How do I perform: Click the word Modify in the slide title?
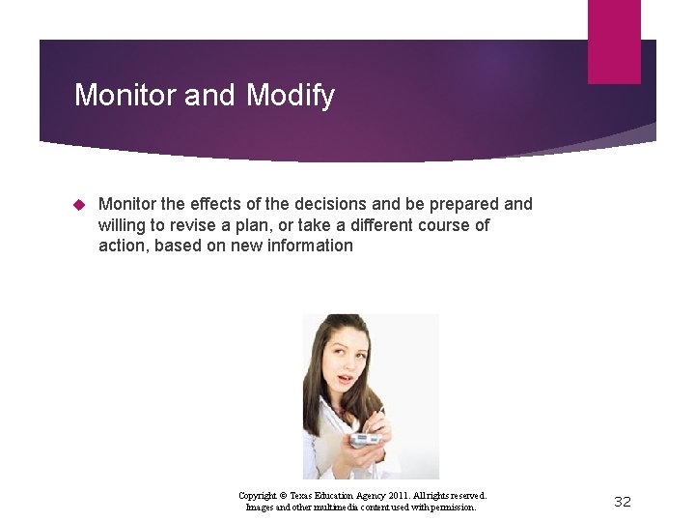(x=291, y=95)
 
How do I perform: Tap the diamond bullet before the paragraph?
(x=80, y=204)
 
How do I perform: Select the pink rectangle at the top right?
(x=614, y=41)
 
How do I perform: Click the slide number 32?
(x=623, y=501)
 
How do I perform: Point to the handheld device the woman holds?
(x=365, y=441)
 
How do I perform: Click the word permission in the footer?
(x=451, y=507)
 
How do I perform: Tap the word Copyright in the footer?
(x=259, y=495)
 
